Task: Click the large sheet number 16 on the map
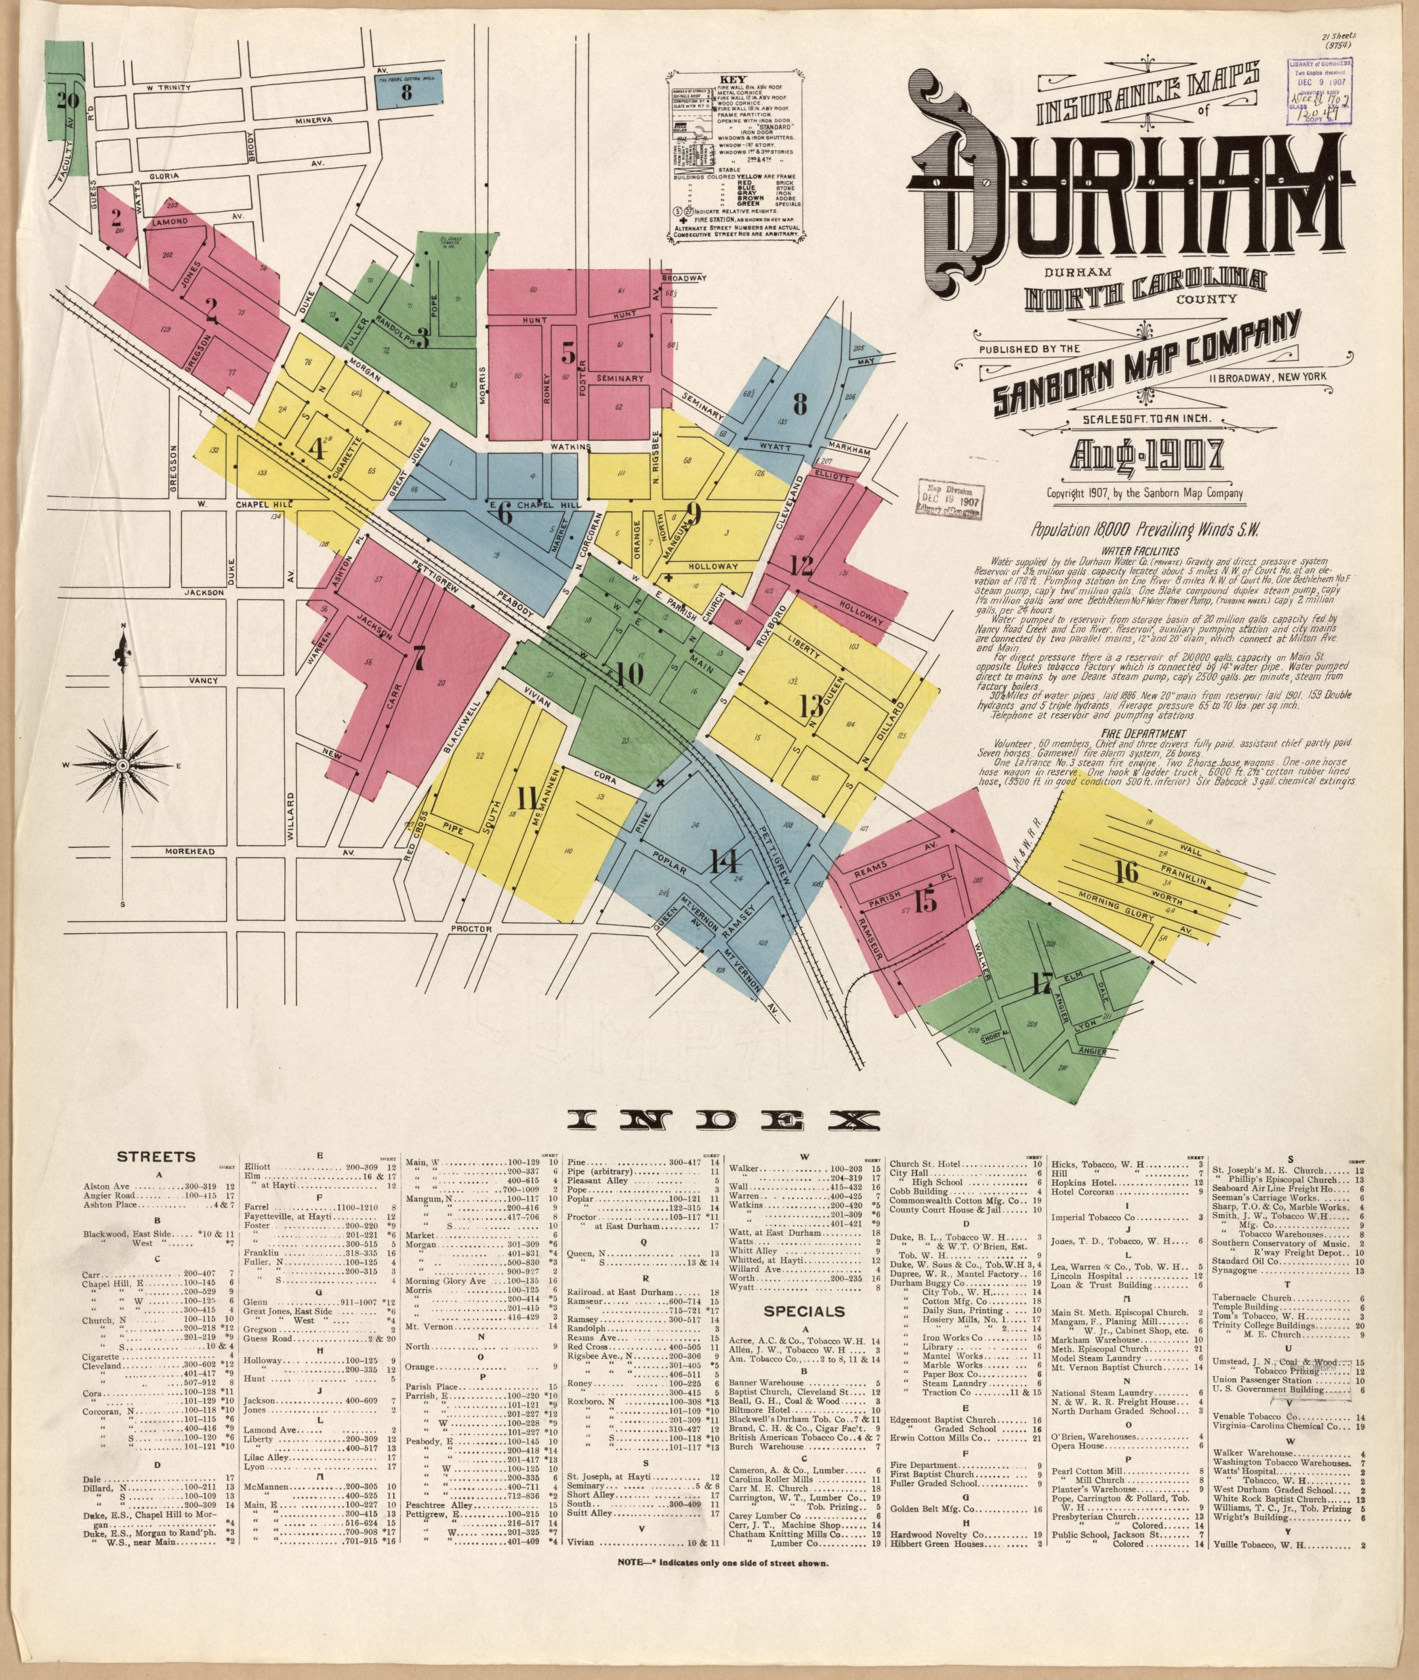click(x=1128, y=871)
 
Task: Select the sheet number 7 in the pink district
click(x=417, y=658)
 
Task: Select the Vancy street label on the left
click(x=203, y=681)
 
